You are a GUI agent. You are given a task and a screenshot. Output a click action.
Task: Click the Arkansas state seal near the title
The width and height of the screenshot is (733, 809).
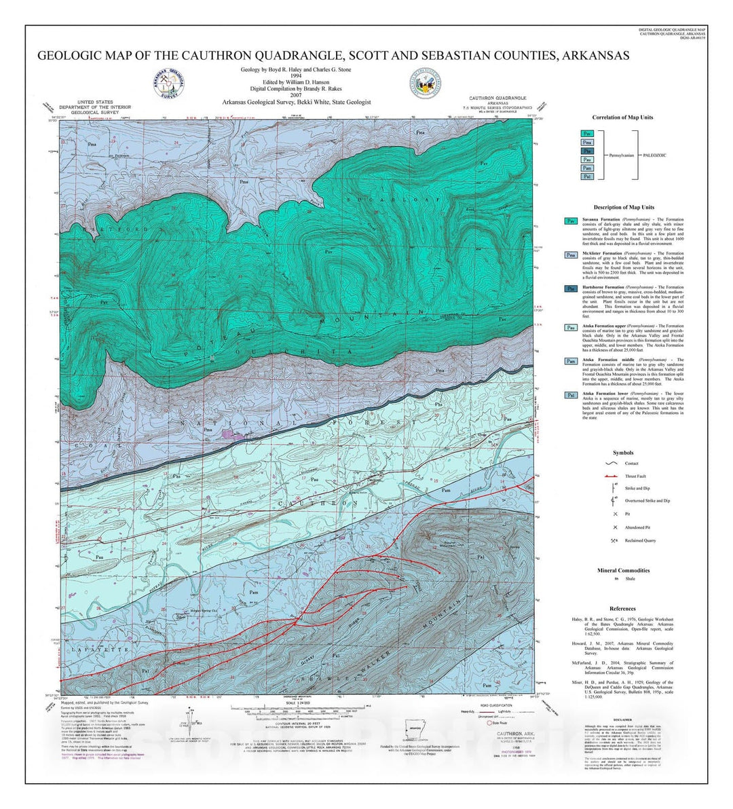click(x=424, y=86)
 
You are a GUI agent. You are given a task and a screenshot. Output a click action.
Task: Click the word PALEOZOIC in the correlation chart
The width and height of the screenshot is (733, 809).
click(x=656, y=155)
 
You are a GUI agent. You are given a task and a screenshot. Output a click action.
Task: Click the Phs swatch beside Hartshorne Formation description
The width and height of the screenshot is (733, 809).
click(x=570, y=288)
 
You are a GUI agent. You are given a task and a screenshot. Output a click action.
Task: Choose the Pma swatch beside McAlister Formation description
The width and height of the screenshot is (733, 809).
click(x=570, y=255)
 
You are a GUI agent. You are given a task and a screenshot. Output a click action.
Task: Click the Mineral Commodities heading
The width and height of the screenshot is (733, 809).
click(x=622, y=570)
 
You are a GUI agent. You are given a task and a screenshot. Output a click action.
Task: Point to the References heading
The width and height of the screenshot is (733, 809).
click(x=622, y=609)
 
